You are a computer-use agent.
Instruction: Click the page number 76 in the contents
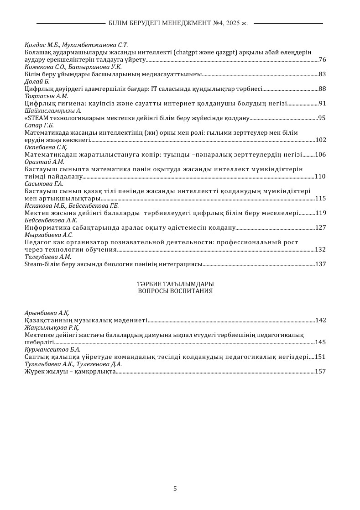click(x=322, y=60)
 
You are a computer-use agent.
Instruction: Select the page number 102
click(x=320, y=140)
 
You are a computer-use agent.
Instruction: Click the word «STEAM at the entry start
click(x=33, y=118)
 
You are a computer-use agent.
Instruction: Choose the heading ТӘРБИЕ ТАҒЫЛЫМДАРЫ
click(x=175, y=284)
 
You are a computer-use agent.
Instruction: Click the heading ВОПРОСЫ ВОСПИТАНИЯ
click(x=175, y=291)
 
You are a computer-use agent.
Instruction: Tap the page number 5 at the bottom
click(x=175, y=489)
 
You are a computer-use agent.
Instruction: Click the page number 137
click(x=320, y=264)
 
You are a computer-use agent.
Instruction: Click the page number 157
click(x=320, y=372)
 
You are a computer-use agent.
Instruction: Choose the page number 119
click(x=320, y=213)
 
